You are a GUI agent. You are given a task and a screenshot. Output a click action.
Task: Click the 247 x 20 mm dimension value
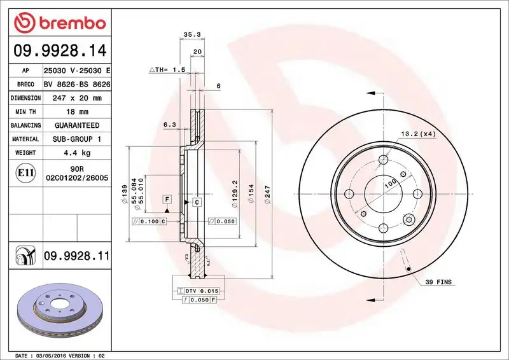tap(73, 98)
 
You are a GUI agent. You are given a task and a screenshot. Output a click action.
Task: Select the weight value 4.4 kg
tap(76, 153)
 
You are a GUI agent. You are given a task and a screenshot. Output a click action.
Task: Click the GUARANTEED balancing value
tap(76, 125)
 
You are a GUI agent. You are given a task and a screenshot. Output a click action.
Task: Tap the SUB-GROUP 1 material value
tap(76, 139)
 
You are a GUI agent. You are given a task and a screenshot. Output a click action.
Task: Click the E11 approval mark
tap(26, 172)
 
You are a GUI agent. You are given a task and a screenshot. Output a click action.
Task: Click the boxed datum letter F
tap(167, 199)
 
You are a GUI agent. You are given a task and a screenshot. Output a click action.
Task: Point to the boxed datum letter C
tap(197, 202)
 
